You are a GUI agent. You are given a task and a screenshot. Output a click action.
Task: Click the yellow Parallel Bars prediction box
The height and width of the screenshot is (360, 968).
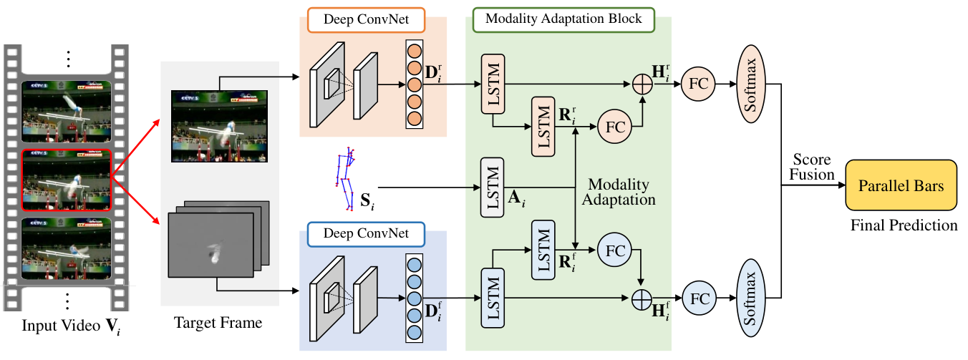[901, 185]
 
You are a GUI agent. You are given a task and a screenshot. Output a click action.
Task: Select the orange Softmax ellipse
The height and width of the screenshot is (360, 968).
[751, 84]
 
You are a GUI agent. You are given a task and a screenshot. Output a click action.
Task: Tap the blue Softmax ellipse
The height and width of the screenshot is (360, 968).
[751, 298]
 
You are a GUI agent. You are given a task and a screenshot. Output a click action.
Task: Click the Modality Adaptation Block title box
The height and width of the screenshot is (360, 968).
[563, 19]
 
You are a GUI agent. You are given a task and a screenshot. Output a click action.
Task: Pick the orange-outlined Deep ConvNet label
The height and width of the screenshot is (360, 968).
[366, 20]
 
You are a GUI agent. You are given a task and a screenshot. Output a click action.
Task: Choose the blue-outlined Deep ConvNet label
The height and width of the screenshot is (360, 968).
[366, 234]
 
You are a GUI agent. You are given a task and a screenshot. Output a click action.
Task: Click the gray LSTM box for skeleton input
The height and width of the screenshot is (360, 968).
[492, 187]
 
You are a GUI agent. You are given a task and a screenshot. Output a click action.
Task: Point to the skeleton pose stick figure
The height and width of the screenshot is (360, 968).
[346, 179]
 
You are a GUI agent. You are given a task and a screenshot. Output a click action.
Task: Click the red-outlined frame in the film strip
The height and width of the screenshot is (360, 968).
[67, 180]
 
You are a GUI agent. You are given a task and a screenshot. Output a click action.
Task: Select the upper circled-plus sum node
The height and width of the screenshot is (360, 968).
[642, 84]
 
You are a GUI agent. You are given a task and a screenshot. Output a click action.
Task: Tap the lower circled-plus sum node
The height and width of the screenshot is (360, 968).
[642, 299]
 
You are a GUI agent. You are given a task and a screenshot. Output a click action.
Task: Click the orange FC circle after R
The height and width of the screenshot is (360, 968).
[615, 127]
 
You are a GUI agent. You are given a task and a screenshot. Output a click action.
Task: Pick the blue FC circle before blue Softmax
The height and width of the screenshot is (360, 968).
[700, 298]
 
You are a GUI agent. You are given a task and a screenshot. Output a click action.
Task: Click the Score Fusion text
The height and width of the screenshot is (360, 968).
[812, 167]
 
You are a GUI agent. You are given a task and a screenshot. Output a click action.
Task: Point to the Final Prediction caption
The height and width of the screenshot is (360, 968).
[904, 225]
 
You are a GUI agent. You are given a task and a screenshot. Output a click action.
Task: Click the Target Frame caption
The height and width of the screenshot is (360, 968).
[218, 323]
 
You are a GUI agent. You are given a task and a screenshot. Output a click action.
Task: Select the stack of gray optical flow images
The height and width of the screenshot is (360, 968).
[218, 239]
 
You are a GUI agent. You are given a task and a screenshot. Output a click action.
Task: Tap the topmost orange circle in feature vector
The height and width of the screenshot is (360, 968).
[415, 51]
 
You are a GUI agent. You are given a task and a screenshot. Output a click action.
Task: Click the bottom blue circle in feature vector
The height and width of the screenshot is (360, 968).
[415, 332]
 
